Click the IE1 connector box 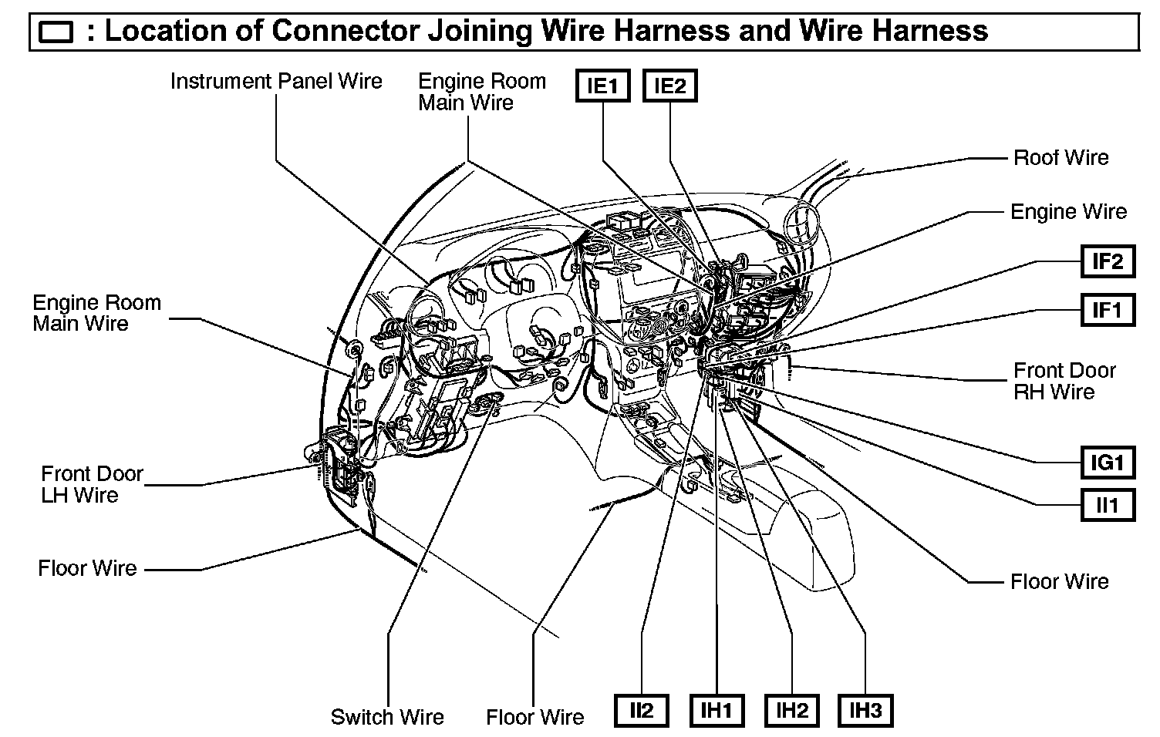[x=603, y=86]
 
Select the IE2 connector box [x=669, y=86]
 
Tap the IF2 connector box [x=1108, y=262]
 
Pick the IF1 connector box [x=1108, y=310]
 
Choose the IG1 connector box [x=1108, y=463]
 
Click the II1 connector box [x=1108, y=506]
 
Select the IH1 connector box [x=717, y=710]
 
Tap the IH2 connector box [x=791, y=710]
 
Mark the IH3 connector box [x=865, y=710]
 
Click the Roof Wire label [x=1061, y=158]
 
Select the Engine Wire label [x=1068, y=212]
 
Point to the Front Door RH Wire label [x=1064, y=381]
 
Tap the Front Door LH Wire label [x=92, y=484]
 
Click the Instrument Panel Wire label [x=276, y=82]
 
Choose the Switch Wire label [x=387, y=717]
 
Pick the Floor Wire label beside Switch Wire [x=534, y=717]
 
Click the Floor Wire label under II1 [x=1059, y=581]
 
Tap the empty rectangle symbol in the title [x=56, y=33]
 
